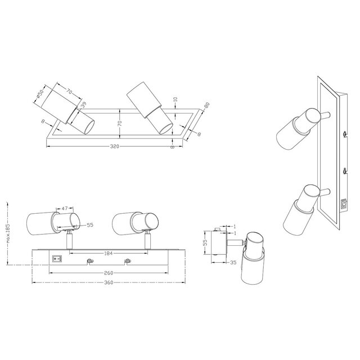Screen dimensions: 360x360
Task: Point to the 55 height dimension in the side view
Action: click(x=206, y=242)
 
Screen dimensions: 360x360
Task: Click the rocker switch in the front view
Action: click(x=56, y=260)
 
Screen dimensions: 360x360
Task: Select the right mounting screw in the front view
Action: click(x=128, y=260)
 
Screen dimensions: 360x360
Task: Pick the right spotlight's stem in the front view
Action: click(x=148, y=242)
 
